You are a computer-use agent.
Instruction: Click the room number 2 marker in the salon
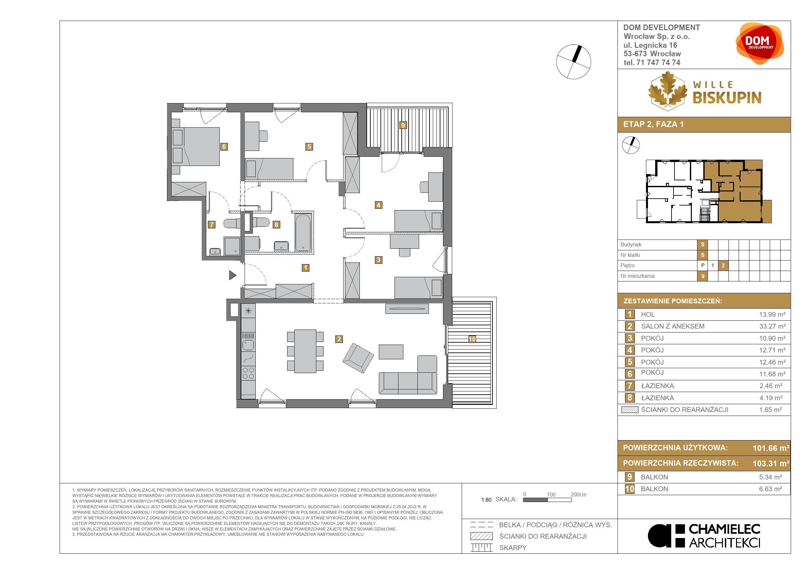tap(339, 339)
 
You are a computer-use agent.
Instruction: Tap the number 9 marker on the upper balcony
tap(402, 125)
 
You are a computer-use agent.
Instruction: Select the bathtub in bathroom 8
tap(303, 232)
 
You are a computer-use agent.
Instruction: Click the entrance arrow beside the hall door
tap(232, 275)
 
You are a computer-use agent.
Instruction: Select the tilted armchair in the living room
tap(358, 358)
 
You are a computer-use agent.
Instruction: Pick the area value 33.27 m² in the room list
tap(772, 326)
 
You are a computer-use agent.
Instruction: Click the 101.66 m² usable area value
tap(771, 448)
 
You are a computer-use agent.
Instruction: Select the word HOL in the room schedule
tap(648, 314)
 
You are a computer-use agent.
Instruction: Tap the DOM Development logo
tap(760, 44)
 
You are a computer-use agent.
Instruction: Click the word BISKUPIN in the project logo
tap(727, 98)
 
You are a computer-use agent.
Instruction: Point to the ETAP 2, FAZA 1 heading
tap(653, 124)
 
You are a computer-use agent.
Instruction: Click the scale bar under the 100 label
tap(547, 500)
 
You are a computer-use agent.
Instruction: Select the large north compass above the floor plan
tap(573, 62)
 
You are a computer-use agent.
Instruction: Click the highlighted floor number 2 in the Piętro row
tap(723, 265)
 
